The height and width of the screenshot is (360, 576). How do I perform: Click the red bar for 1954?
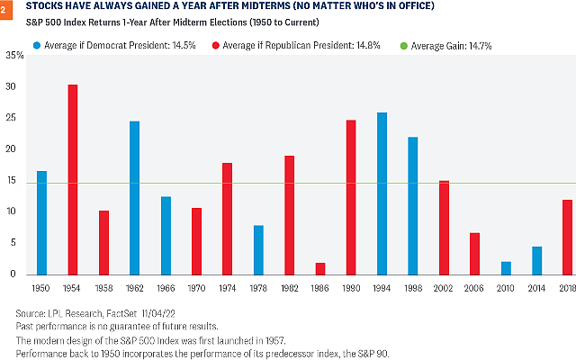(x=72, y=180)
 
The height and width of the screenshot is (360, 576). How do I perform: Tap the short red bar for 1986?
(x=321, y=268)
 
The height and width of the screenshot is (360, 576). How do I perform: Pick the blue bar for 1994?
(x=382, y=193)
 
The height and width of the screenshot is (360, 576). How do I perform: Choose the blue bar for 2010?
(x=506, y=267)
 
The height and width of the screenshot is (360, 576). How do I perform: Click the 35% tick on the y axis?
(x=15, y=56)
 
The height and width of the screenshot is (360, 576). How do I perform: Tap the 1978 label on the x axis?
(x=258, y=288)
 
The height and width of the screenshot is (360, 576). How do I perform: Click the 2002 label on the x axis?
(x=445, y=288)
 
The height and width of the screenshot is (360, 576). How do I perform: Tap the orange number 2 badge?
(x=4, y=7)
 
